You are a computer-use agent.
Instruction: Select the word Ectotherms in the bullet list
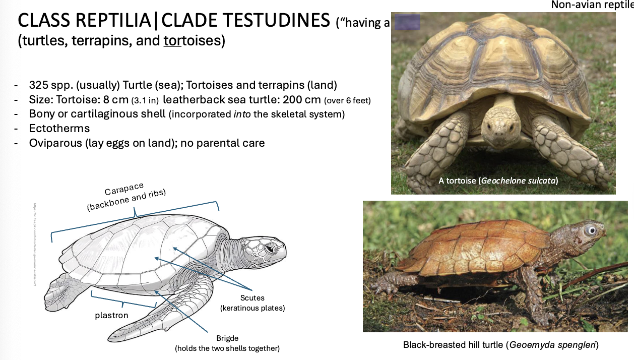[x=59, y=129]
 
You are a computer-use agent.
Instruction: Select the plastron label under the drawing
[x=111, y=316]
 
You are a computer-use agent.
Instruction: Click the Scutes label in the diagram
[x=252, y=298]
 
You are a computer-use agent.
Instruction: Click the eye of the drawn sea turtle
[x=271, y=249]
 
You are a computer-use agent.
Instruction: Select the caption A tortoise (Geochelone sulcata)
[x=498, y=180]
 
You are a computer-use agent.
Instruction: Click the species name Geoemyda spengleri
[x=552, y=345]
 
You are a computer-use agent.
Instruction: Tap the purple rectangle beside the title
[x=407, y=23]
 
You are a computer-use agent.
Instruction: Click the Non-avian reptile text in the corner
[x=592, y=5]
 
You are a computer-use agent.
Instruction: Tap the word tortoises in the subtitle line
[x=193, y=40]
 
